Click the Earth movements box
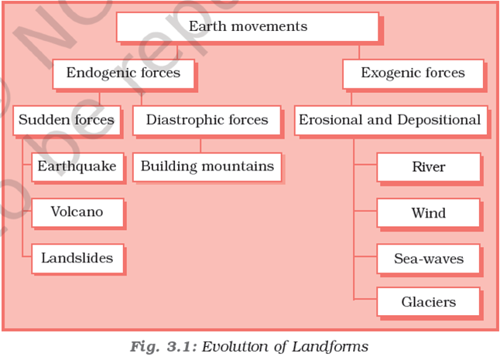tap(248, 27)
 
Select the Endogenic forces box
tap(123, 74)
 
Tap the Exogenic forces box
tap(413, 74)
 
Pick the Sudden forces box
tap(67, 121)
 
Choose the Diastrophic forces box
tap(207, 121)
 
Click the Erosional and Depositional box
tap(389, 121)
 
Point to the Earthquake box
tap(77, 166)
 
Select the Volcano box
tap(77, 212)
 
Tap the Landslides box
tap(77, 258)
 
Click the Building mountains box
tap(207, 166)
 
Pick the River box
tap(428, 167)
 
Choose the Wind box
tap(428, 213)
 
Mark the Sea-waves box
tap(428, 259)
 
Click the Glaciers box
tap(428, 302)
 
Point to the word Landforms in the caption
tap(330, 346)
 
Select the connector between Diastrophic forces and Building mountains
tap(201, 144)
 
